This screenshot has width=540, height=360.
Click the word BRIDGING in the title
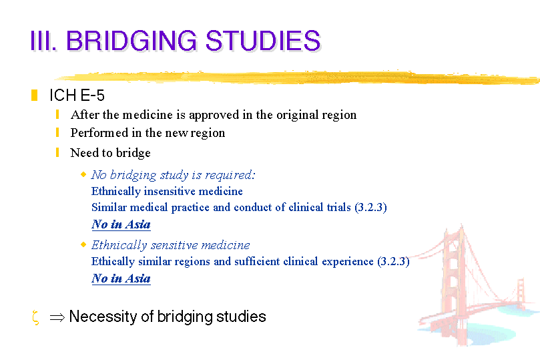pyautogui.click(x=131, y=41)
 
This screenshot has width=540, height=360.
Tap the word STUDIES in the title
pyautogui.click(x=263, y=41)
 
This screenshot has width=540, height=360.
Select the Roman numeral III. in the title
pyautogui.click(x=43, y=41)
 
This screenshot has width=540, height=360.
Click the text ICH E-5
pyautogui.click(x=77, y=96)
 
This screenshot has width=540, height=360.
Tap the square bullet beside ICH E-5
pyautogui.click(x=34, y=96)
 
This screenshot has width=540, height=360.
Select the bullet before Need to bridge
pyautogui.click(x=57, y=152)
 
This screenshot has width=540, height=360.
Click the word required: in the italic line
pyautogui.click(x=230, y=176)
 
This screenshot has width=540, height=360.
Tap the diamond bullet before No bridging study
pyautogui.click(x=83, y=174)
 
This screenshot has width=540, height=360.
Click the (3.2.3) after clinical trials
pyautogui.click(x=370, y=208)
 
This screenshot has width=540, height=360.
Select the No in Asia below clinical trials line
pyautogui.click(x=121, y=224)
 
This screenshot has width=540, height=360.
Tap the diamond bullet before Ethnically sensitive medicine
pyautogui.click(x=83, y=244)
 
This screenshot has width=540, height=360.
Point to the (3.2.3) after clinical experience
pyautogui.click(x=393, y=261)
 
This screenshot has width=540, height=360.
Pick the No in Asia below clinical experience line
pyautogui.click(x=121, y=279)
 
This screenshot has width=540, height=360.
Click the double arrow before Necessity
pyautogui.click(x=57, y=317)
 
